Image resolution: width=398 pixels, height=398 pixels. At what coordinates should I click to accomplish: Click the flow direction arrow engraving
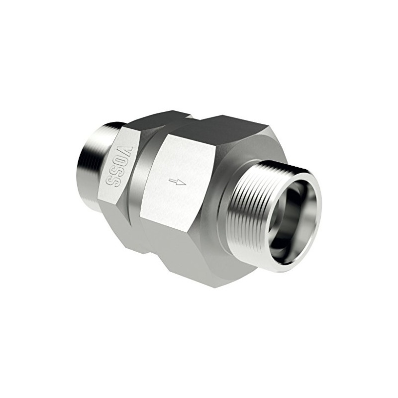click(x=177, y=182)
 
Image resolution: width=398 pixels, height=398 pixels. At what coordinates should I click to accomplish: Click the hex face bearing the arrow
click(x=179, y=179)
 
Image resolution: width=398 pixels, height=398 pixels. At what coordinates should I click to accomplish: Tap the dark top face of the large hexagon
click(x=219, y=132)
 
